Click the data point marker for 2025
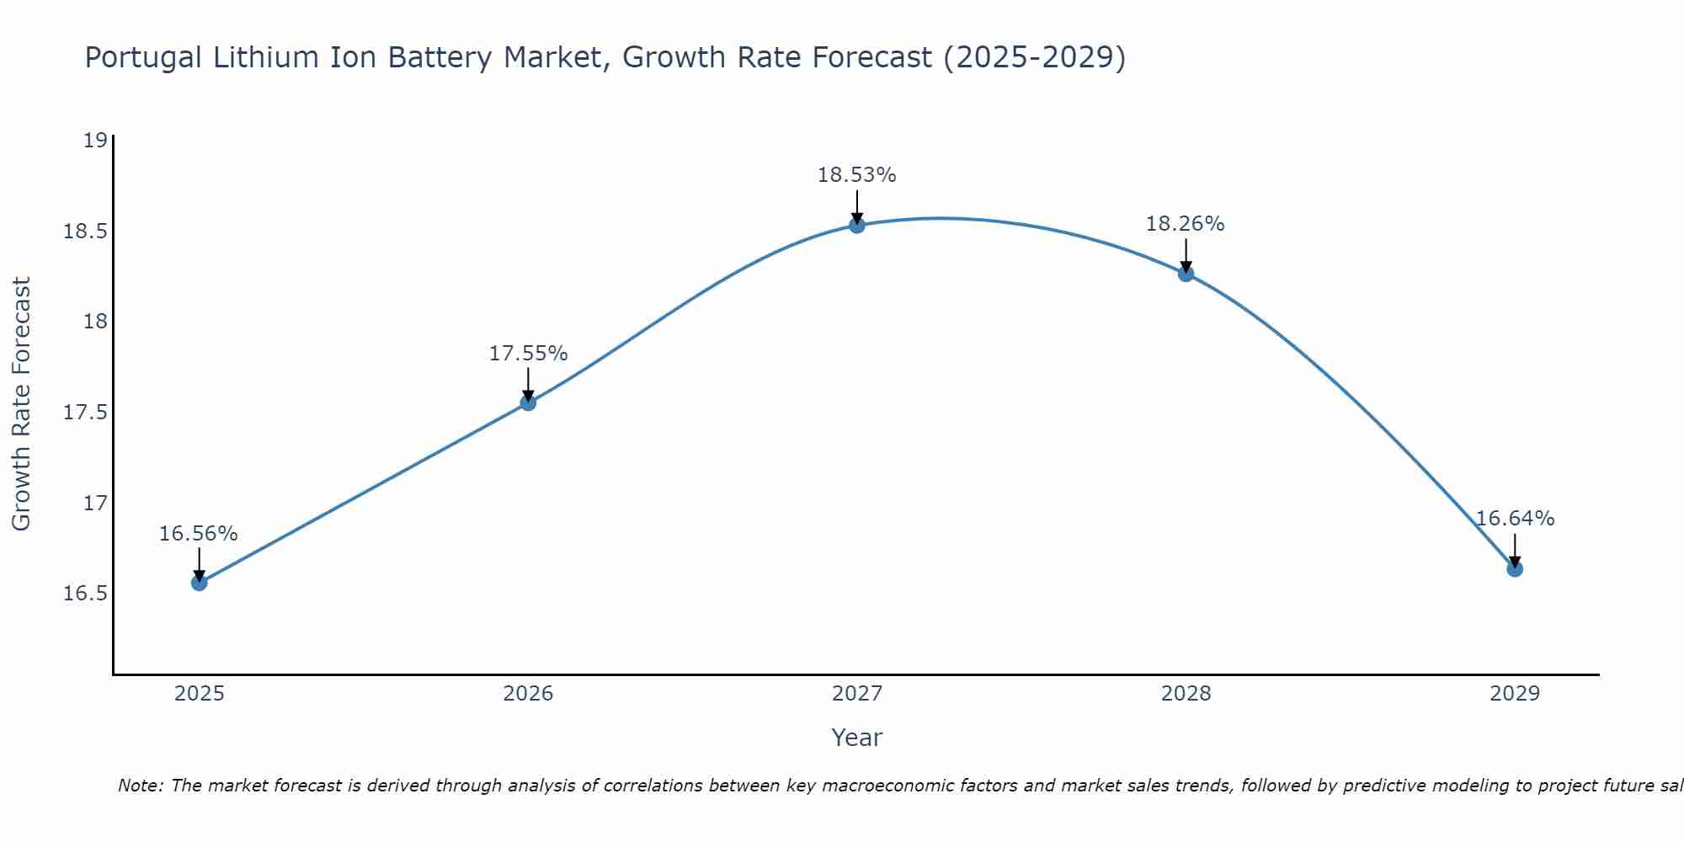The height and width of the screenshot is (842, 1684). [199, 582]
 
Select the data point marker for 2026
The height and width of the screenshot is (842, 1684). [528, 402]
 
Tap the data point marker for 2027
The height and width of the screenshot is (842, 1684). [857, 225]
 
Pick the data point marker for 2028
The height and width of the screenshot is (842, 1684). [1186, 274]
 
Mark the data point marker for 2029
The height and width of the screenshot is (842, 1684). [1515, 568]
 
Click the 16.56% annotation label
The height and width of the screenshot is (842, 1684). [199, 534]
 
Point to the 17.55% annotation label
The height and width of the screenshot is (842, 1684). [528, 354]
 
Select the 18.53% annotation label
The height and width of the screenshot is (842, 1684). [857, 175]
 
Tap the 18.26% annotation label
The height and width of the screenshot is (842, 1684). [1186, 224]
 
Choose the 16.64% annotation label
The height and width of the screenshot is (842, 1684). [1515, 519]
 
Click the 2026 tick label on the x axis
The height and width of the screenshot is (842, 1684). [528, 694]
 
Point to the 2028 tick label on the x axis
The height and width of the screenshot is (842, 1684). [1186, 694]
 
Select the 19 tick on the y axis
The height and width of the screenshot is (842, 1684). [96, 140]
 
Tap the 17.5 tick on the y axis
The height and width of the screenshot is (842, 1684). [86, 413]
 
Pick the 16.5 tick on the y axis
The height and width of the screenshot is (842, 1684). [86, 594]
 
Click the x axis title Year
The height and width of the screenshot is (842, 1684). [856, 738]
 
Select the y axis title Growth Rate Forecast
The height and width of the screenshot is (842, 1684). [21, 403]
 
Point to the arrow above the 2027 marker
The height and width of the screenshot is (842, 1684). [857, 205]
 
